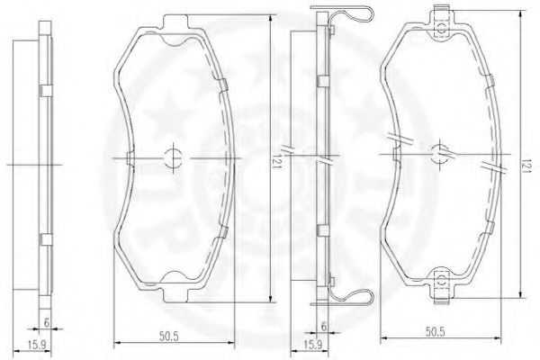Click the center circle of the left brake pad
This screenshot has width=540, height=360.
point(174,157)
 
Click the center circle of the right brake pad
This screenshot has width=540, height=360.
point(439,153)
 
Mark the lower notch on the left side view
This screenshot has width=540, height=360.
point(43,239)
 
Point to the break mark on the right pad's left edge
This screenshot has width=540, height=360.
point(392,139)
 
